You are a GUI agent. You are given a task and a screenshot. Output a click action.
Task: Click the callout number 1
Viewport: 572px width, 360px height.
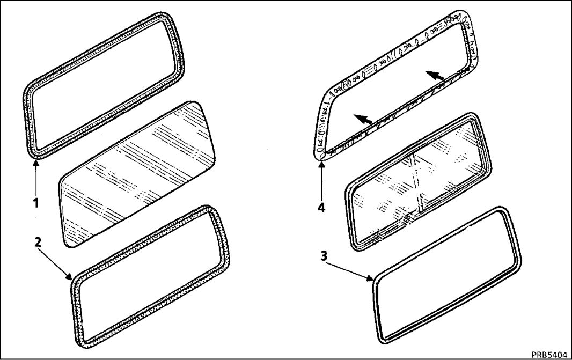36,203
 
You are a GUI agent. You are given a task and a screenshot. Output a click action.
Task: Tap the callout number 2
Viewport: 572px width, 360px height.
38,242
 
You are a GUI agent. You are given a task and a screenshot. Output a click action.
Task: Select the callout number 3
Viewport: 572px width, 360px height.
324,256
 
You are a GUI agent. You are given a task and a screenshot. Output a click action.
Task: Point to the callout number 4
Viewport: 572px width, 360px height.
321,208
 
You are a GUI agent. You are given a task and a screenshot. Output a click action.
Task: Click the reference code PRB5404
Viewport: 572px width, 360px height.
549,355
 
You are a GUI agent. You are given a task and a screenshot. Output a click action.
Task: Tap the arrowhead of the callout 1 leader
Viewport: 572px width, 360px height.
36,164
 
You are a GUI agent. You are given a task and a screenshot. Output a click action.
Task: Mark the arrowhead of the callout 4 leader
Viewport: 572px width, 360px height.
321,165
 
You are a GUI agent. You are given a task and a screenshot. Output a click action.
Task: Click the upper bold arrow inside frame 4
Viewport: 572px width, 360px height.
435,75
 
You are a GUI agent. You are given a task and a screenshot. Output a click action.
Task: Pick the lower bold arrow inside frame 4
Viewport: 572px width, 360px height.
363,119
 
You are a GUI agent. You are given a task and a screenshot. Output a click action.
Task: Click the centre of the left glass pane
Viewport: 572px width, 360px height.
137,174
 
